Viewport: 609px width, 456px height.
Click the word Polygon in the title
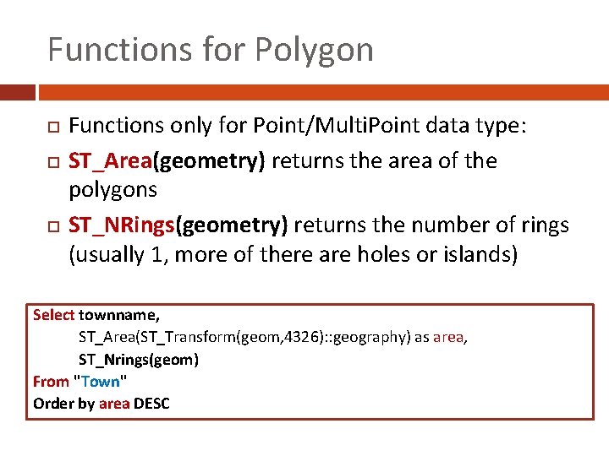coord(315,51)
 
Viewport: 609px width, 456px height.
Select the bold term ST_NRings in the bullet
coord(120,225)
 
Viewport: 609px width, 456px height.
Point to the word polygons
coord(112,190)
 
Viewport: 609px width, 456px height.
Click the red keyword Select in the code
coord(53,315)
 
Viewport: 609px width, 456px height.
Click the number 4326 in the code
coord(294,337)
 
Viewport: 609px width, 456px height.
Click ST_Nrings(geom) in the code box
coord(139,360)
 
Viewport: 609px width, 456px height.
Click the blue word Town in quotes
coord(101,382)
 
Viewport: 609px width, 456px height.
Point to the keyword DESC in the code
coord(152,404)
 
